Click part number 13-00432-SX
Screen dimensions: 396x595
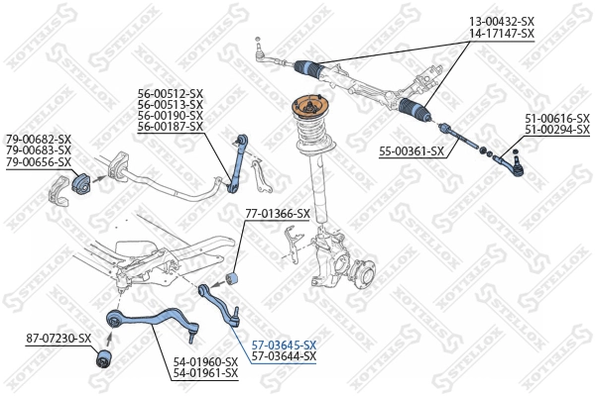point(501,21)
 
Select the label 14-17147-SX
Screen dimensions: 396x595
point(501,33)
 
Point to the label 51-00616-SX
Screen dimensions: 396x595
point(557,119)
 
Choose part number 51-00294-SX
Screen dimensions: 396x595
point(557,131)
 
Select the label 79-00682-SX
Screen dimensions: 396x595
point(39,139)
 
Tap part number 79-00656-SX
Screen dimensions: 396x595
point(39,161)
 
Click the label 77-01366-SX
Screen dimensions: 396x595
point(278,213)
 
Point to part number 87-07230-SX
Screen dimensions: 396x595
point(59,340)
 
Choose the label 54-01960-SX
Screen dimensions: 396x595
point(205,361)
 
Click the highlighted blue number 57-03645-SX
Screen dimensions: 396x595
point(284,344)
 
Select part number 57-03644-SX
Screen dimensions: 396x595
point(284,355)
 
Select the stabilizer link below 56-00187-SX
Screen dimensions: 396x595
point(237,157)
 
